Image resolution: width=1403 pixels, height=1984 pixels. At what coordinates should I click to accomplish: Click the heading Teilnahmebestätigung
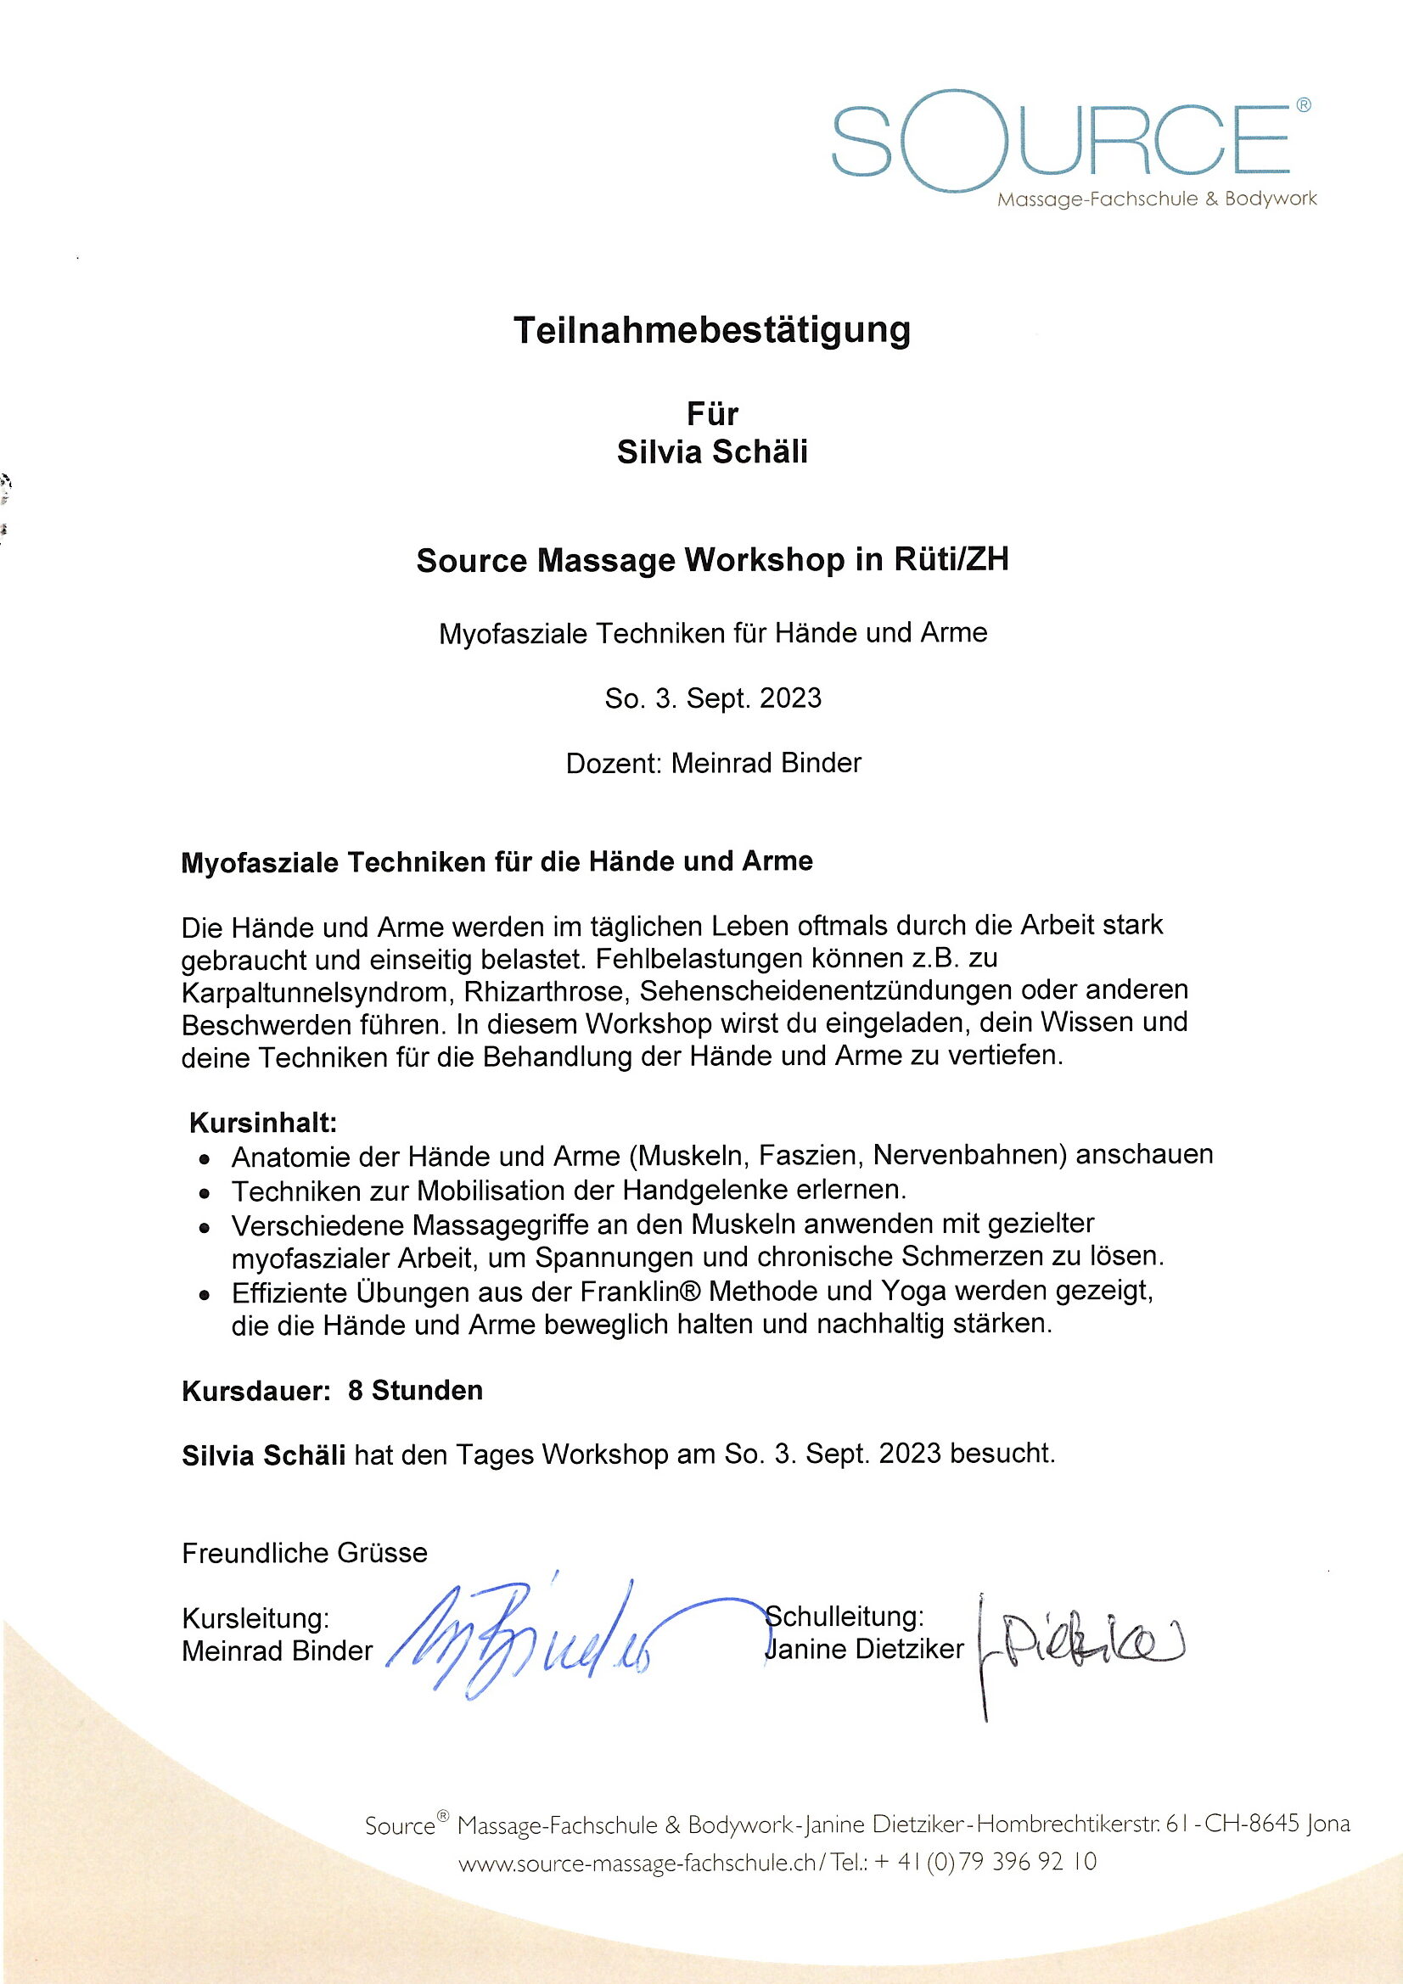coord(711,330)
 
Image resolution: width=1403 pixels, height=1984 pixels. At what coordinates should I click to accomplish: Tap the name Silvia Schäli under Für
coord(711,452)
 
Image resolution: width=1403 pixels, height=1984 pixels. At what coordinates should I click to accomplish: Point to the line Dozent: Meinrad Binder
coord(713,763)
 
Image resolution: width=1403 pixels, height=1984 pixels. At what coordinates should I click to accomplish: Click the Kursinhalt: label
coord(263,1124)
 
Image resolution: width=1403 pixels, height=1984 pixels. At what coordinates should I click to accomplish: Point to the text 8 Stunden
coord(415,1390)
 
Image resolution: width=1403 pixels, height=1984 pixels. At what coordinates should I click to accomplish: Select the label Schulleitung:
coord(845,1616)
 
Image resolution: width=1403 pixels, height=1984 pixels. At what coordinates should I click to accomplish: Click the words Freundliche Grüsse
coord(305,1553)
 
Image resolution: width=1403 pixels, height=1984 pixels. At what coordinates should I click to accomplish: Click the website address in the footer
coord(637,1863)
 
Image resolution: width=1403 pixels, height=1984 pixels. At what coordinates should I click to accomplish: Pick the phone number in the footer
coord(985,1861)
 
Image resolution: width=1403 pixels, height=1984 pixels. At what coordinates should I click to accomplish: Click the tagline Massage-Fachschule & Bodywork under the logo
coord(1157,199)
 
